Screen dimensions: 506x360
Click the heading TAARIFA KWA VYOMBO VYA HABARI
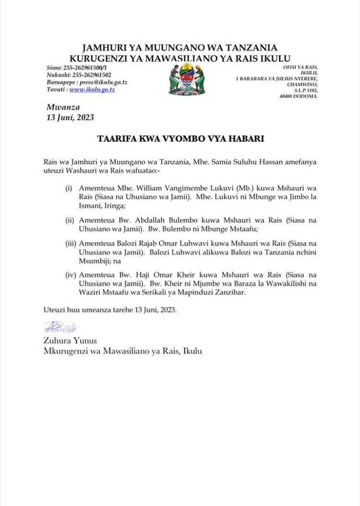[180, 140]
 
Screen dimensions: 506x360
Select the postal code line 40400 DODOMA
[299, 96]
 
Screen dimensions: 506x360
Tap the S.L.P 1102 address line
[304, 90]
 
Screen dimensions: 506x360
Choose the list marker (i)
[69, 188]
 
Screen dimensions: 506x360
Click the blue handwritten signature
[60, 328]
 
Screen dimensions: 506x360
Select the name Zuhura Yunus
[70, 341]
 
